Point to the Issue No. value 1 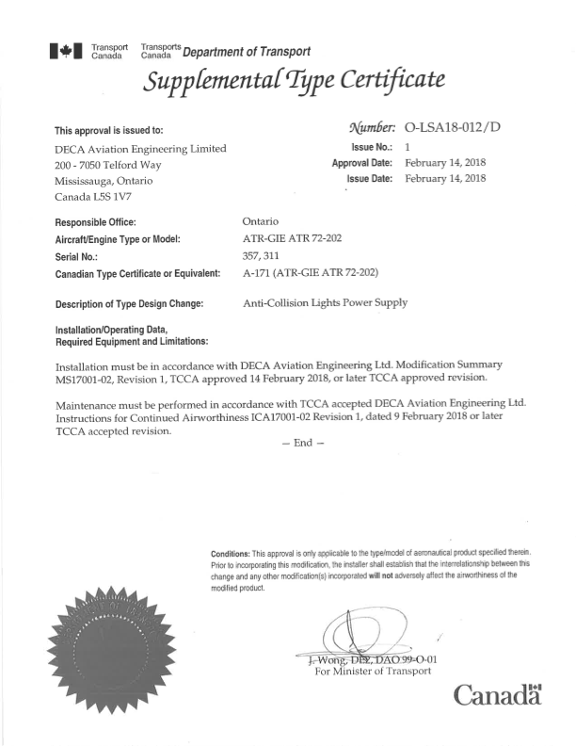click(408, 147)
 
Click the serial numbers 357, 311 click(266, 256)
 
